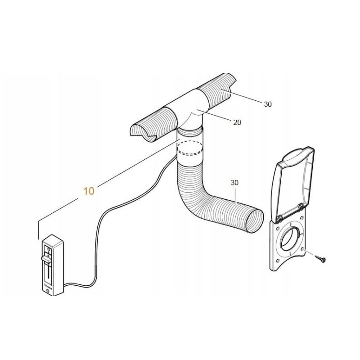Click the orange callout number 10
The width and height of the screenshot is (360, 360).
[89, 191]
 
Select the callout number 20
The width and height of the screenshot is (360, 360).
[238, 122]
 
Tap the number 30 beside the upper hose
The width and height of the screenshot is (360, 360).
[268, 104]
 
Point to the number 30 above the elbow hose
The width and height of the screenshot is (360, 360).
[234, 183]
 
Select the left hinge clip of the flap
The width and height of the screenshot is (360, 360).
[279, 218]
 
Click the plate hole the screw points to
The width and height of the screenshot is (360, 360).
[305, 252]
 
